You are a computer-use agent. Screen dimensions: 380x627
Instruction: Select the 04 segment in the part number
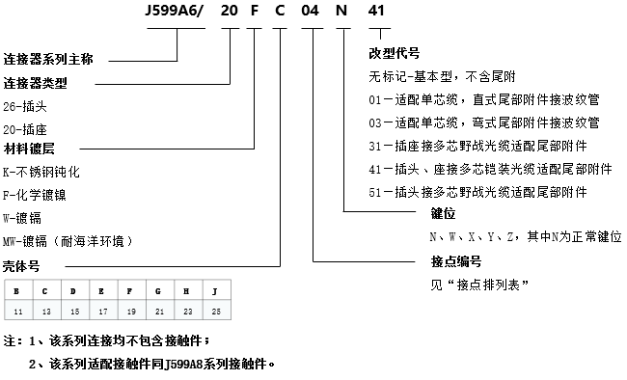click(313, 14)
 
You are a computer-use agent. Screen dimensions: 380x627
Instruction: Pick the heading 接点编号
click(450, 261)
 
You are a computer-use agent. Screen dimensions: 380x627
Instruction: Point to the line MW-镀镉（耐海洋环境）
click(67, 239)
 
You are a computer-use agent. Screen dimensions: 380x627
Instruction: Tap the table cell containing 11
click(17, 311)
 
